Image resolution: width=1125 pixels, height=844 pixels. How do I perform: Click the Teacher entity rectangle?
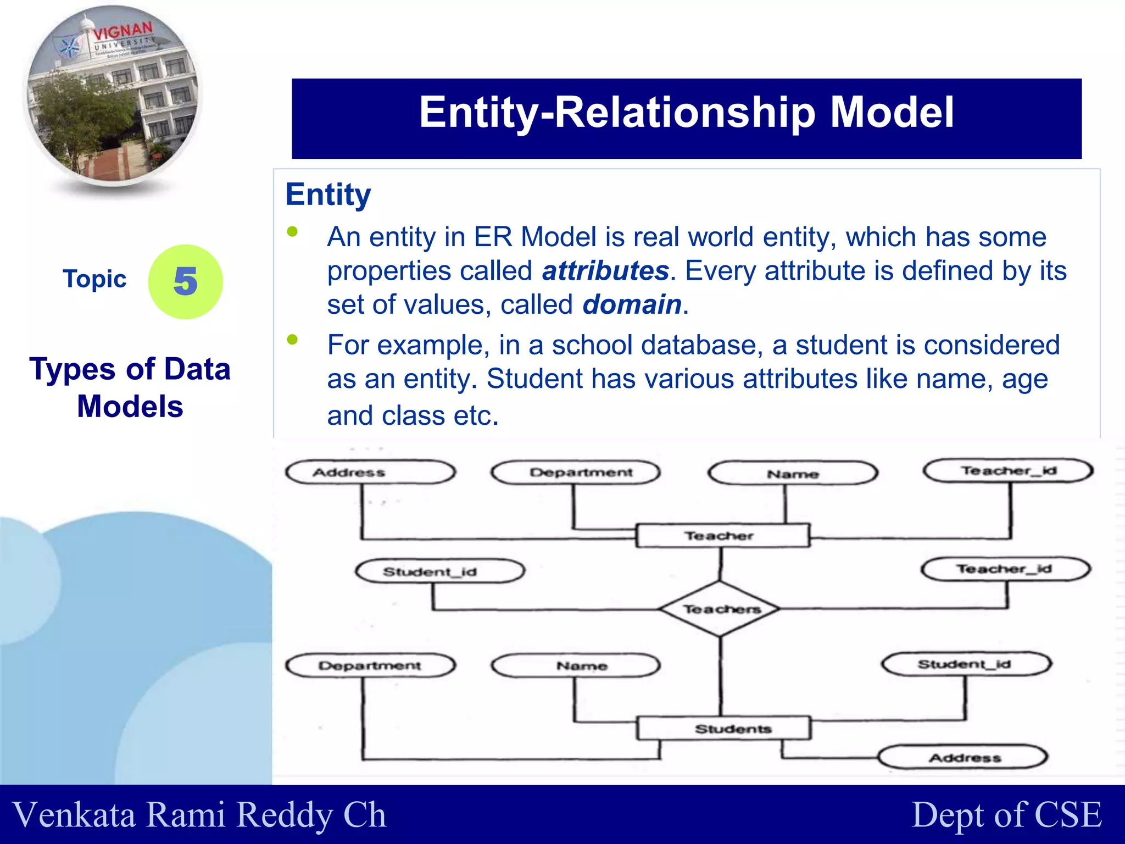722,535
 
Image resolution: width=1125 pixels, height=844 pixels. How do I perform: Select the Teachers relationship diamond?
720,609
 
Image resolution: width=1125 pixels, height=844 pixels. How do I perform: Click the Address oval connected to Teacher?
371,472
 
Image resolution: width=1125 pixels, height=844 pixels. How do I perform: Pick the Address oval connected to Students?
964,758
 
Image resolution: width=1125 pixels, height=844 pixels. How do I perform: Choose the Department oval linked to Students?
371,665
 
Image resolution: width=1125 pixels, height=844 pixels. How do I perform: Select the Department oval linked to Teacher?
576,473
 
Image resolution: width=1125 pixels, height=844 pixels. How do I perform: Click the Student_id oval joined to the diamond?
440,571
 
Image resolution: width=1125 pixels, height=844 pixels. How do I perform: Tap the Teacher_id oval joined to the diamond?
1005,569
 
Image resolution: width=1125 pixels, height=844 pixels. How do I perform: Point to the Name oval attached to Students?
576,666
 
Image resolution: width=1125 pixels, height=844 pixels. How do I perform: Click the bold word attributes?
605,271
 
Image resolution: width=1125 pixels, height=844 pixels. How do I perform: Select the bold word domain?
632,305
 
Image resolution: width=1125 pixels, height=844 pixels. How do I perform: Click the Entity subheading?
328,195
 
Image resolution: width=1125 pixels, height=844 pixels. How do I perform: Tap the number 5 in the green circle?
186,281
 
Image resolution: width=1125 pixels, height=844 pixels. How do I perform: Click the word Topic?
94,279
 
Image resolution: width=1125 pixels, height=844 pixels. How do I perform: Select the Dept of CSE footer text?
1006,814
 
